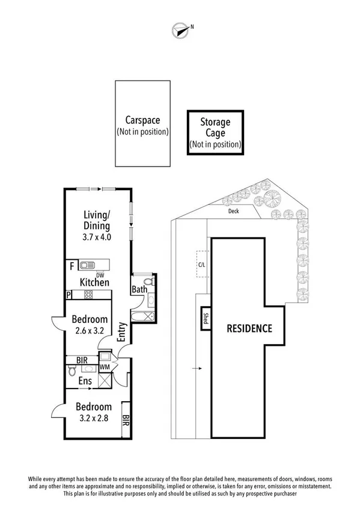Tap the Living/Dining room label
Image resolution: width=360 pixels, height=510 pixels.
tap(97, 220)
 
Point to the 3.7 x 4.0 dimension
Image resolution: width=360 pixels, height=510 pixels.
tap(97, 237)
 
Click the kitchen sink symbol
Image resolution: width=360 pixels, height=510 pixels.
tap(88, 265)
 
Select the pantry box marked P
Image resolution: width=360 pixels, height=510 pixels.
tap(70, 295)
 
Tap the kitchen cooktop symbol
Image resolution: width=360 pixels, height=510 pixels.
tap(88, 295)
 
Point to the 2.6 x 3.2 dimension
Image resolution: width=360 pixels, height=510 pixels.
tap(89, 331)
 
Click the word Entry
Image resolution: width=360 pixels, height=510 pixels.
tap(122, 332)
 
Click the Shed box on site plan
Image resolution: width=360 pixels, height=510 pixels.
tap(204, 318)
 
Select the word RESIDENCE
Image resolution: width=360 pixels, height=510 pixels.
tap(249, 328)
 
